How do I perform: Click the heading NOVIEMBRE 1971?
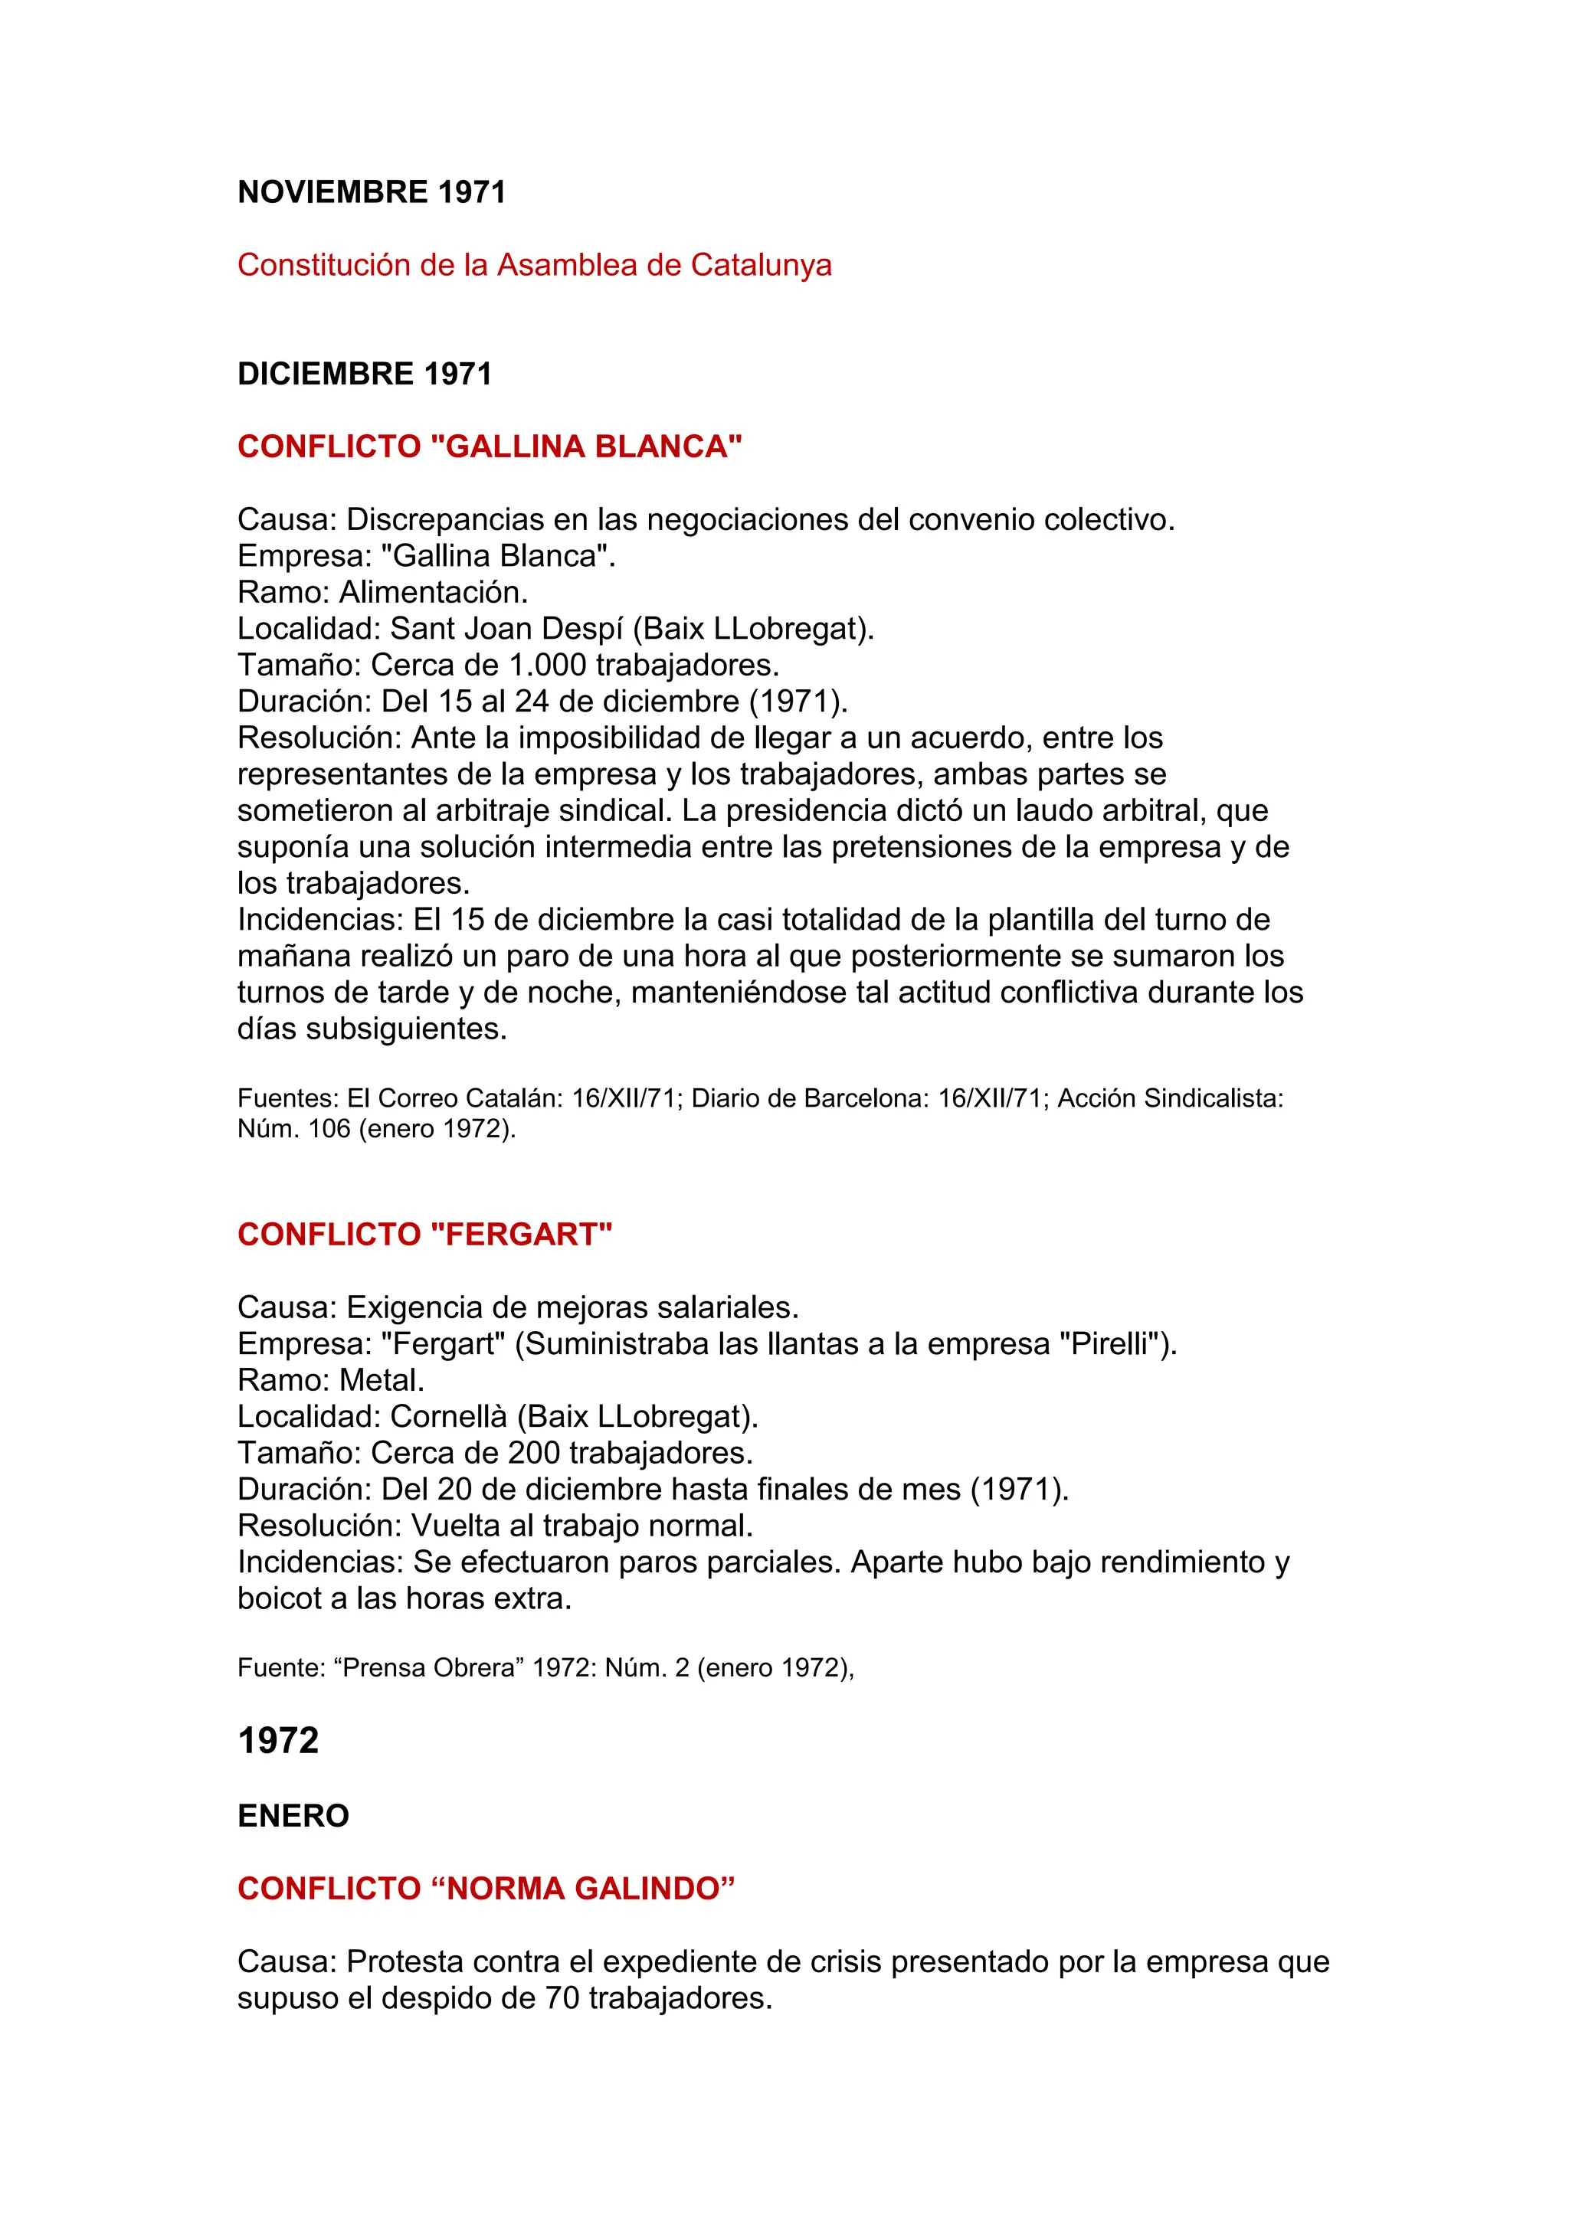click(372, 192)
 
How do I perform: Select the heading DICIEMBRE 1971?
click(365, 374)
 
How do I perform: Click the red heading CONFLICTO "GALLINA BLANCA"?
click(490, 447)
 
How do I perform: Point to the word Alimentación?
click(434, 592)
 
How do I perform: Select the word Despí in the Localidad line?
click(581, 629)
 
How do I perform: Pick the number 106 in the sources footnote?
click(329, 1128)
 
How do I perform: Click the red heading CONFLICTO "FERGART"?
click(425, 1234)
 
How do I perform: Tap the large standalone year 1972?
click(278, 1741)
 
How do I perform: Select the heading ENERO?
click(293, 1816)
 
